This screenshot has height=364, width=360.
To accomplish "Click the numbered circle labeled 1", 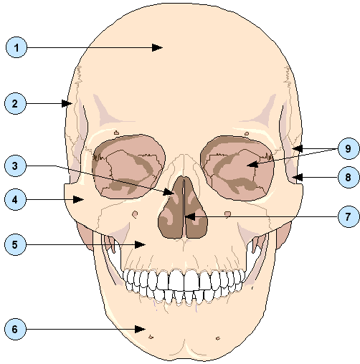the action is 16,47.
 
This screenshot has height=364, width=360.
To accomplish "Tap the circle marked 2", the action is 15,104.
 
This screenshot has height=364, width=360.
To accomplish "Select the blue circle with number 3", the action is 15,166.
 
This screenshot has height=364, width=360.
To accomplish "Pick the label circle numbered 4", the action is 15,199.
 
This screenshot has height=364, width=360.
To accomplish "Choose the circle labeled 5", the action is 15,244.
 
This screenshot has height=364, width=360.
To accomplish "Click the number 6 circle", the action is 15,329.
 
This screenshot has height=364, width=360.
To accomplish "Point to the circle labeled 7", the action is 349,216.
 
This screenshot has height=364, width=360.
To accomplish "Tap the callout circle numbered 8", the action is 349,177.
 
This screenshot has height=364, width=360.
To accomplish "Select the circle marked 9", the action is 349,148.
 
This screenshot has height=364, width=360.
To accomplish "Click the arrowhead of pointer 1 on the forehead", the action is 158,47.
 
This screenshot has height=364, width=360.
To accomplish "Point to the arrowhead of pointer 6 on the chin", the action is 140,329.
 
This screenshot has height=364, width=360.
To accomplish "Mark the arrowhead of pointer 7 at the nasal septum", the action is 190,217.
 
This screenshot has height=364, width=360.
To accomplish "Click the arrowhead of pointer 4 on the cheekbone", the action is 78,199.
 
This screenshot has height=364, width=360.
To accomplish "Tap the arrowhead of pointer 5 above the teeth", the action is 140,244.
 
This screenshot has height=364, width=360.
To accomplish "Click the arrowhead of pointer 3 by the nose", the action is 169,191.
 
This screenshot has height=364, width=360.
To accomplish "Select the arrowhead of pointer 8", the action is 298,177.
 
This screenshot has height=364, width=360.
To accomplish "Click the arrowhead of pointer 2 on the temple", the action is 67,104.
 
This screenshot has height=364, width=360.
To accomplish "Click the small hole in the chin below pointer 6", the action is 151,337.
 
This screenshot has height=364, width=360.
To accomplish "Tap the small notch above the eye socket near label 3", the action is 116,133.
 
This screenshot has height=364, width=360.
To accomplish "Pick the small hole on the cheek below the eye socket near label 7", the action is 228,214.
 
